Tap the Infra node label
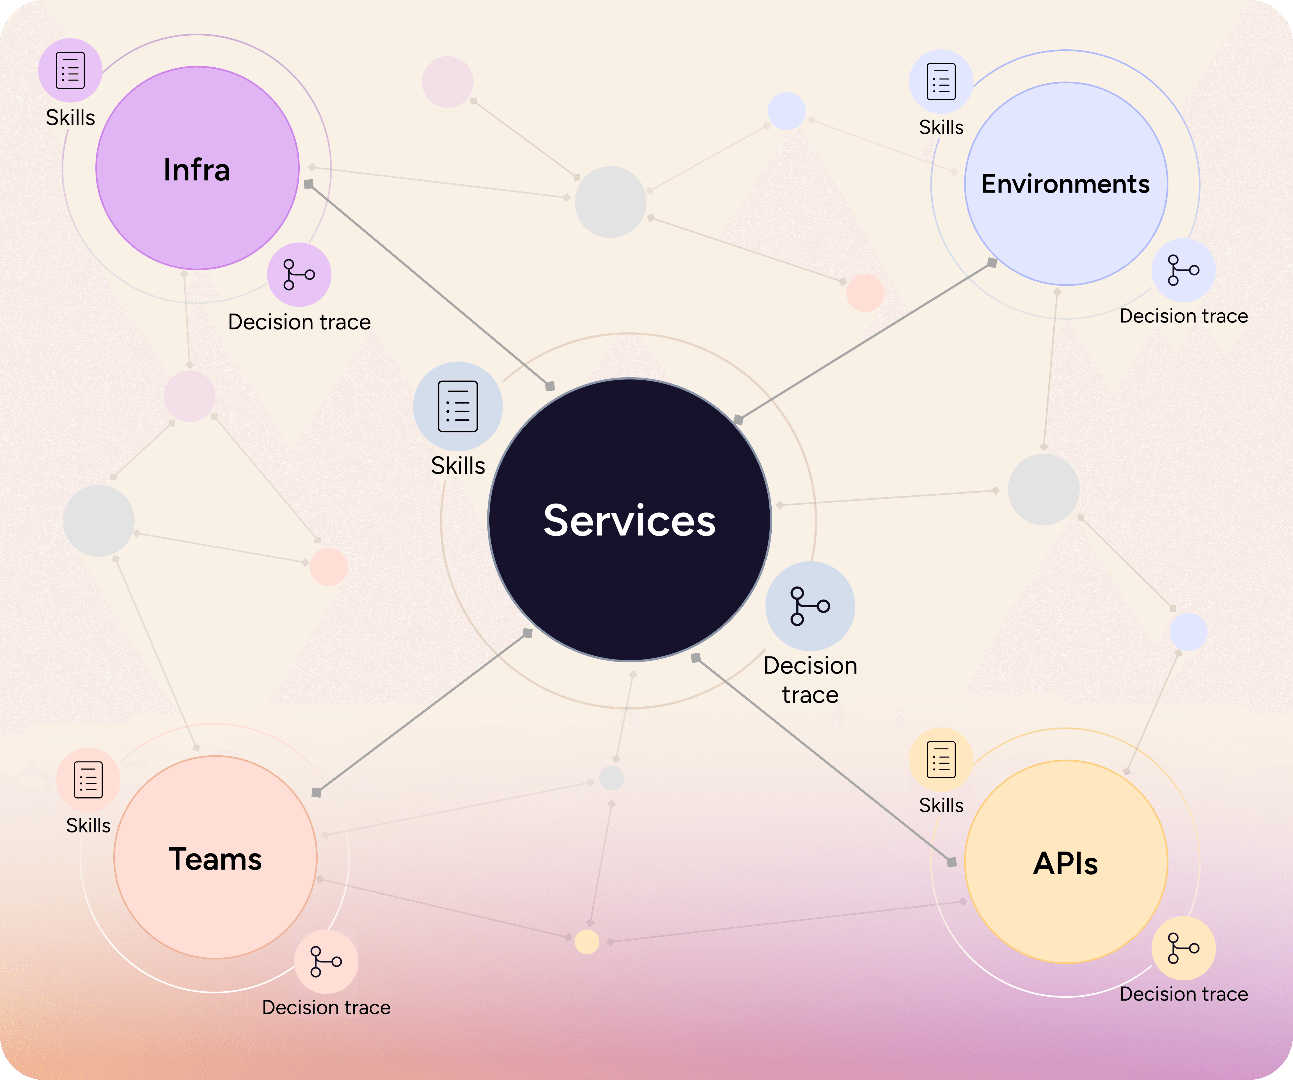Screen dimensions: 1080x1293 [197, 170]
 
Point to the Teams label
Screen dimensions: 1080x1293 [215, 859]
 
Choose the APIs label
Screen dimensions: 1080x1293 [1065, 863]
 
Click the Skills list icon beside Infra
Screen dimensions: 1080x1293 [70, 70]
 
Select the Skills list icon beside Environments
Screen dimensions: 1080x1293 [941, 81]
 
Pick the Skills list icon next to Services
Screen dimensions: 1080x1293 [457, 406]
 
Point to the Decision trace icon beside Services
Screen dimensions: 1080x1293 [810, 606]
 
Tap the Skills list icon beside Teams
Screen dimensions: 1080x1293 [88, 779]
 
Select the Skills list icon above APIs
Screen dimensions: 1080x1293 [941, 760]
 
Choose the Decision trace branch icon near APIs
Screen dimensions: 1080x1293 [1183, 948]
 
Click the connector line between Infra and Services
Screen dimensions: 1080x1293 [429, 285]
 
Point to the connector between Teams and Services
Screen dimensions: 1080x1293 [422, 712]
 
